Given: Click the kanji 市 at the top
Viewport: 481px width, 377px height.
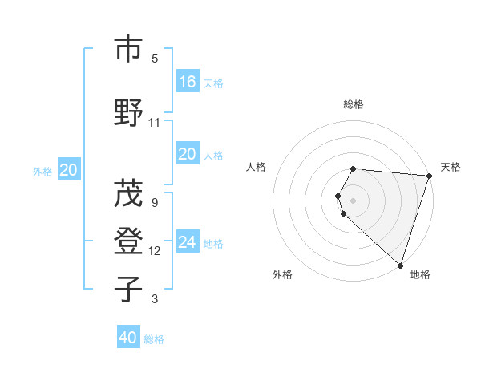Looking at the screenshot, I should (128, 49).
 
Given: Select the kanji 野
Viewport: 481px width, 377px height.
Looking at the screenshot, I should (128, 113).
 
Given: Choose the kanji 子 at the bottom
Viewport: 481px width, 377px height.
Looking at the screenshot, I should (128, 290).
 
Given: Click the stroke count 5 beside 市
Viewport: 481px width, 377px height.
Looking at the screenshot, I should (155, 58).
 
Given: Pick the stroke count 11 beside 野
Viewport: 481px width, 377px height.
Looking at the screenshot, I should (155, 122).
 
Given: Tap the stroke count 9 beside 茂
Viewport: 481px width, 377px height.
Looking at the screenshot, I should (155, 202).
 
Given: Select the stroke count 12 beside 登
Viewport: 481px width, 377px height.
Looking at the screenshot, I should (155, 250).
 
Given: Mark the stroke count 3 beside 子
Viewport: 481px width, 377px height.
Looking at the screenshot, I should (155, 299).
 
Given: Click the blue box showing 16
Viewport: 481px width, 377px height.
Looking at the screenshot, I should (188, 81).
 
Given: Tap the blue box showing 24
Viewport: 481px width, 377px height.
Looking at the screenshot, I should (188, 241).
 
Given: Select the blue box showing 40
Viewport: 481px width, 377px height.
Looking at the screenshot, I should (128, 338).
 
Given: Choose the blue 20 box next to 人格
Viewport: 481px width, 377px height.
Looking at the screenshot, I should (188, 154).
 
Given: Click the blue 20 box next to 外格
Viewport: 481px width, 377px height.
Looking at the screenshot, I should (69, 169).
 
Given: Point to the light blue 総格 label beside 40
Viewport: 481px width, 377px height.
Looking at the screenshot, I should (154, 339).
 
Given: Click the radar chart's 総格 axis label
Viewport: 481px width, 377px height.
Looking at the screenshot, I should (354, 104).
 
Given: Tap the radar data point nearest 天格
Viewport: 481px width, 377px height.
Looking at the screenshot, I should (430, 176).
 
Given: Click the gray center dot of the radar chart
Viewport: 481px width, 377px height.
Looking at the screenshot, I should (354, 200).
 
